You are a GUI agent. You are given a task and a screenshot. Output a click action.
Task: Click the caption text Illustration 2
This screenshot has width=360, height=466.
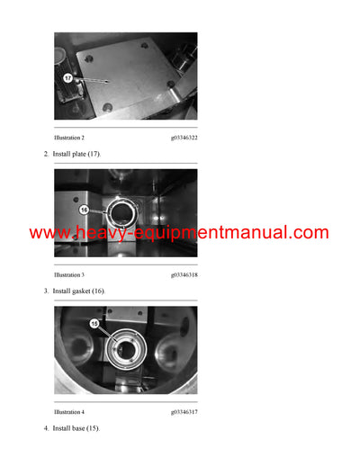[69, 138]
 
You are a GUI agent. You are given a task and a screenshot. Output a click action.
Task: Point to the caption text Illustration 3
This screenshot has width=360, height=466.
[69, 274]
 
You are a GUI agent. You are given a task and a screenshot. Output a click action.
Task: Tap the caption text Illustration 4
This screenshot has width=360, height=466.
[69, 412]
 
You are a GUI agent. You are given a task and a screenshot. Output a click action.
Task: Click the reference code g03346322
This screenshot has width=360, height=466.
[184, 138]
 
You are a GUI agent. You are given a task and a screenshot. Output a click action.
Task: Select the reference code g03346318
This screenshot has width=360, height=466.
[184, 274]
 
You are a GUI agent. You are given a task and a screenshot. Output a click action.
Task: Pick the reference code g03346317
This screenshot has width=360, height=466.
[184, 412]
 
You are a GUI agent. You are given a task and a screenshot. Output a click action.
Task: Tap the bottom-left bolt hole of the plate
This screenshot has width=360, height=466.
[106, 109]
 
